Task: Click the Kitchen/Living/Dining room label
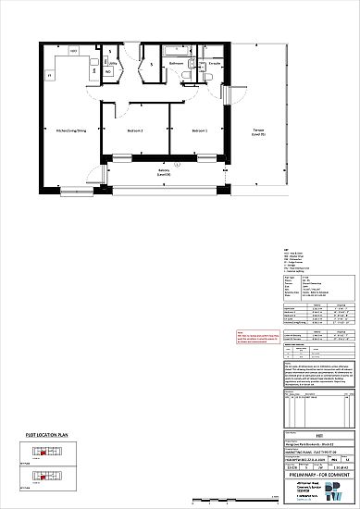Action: pos(71,131)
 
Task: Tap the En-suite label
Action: pos(213,64)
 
